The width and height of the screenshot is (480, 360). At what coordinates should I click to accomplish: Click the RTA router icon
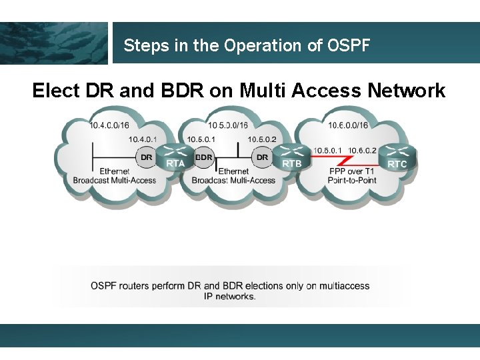click(x=175, y=157)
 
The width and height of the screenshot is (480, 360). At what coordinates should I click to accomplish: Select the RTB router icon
click(x=291, y=157)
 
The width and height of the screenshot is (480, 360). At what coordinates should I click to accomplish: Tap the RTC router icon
click(x=397, y=157)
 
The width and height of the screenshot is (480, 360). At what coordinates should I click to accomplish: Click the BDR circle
click(x=204, y=158)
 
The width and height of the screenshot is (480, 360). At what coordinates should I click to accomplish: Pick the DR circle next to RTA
click(x=146, y=158)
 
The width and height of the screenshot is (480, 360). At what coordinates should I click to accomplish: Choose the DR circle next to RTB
click(x=262, y=158)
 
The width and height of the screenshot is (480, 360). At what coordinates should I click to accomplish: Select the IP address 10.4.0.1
click(x=143, y=139)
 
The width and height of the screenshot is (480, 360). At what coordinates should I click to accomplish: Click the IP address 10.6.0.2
click(x=363, y=150)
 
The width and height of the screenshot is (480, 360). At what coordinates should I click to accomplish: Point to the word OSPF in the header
click(x=349, y=46)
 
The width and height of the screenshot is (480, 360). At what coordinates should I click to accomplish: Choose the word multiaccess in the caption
click(x=343, y=286)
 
